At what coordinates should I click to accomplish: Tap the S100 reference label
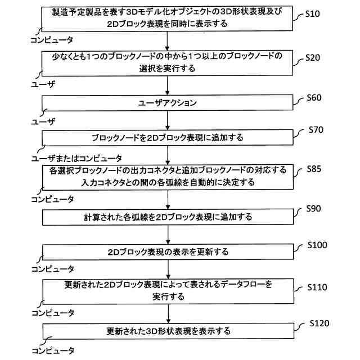(318, 245)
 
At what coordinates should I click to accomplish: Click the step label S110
(318, 287)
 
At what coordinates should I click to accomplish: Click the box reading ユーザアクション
(168, 103)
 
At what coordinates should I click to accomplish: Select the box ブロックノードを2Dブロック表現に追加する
(168, 137)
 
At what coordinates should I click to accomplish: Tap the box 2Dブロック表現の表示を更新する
(168, 251)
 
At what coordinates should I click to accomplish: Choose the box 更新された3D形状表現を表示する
(168, 330)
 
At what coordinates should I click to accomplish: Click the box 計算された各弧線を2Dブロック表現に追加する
(168, 217)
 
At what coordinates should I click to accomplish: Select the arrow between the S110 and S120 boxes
(168, 313)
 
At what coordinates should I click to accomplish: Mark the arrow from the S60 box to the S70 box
(168, 120)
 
